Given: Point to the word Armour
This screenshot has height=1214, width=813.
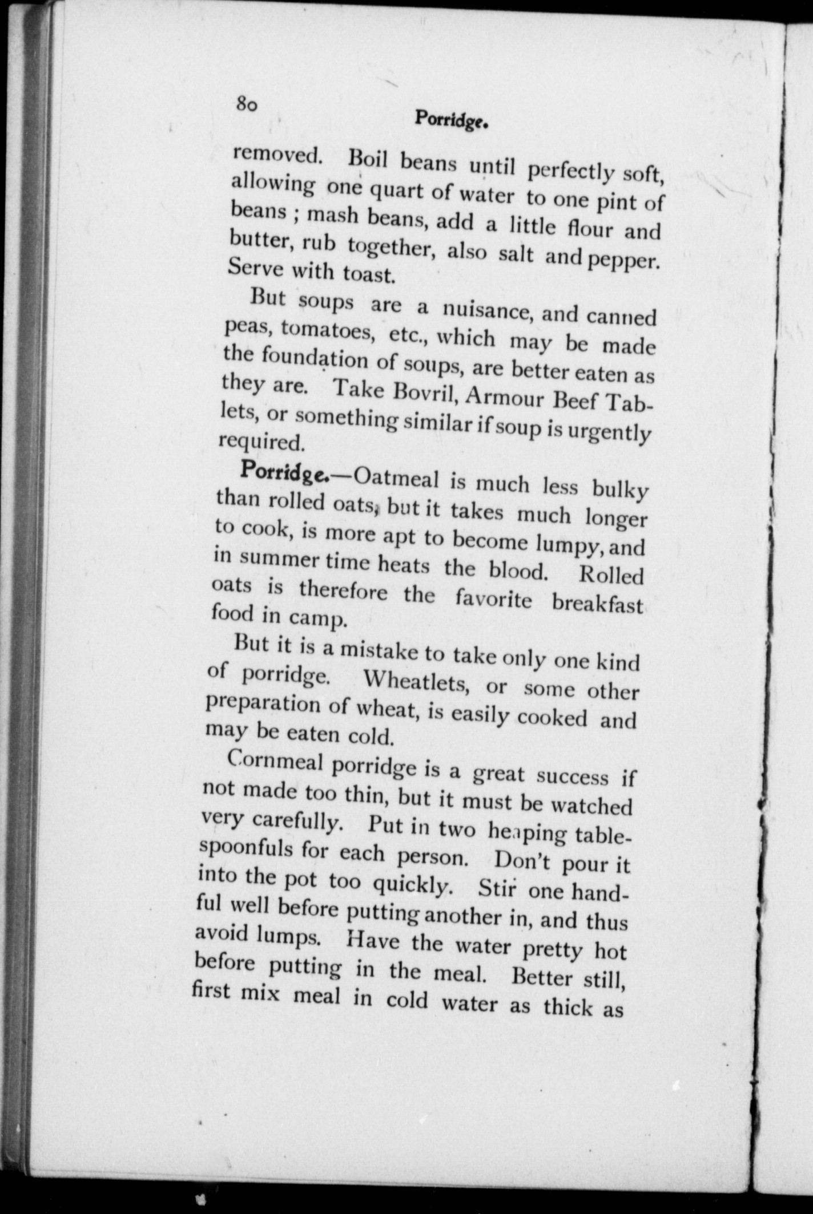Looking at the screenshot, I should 505,398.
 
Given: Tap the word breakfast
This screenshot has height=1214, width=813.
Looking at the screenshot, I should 597,604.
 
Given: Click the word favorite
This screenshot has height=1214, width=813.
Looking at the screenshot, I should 494,600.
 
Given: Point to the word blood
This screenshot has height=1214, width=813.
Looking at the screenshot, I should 517,570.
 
